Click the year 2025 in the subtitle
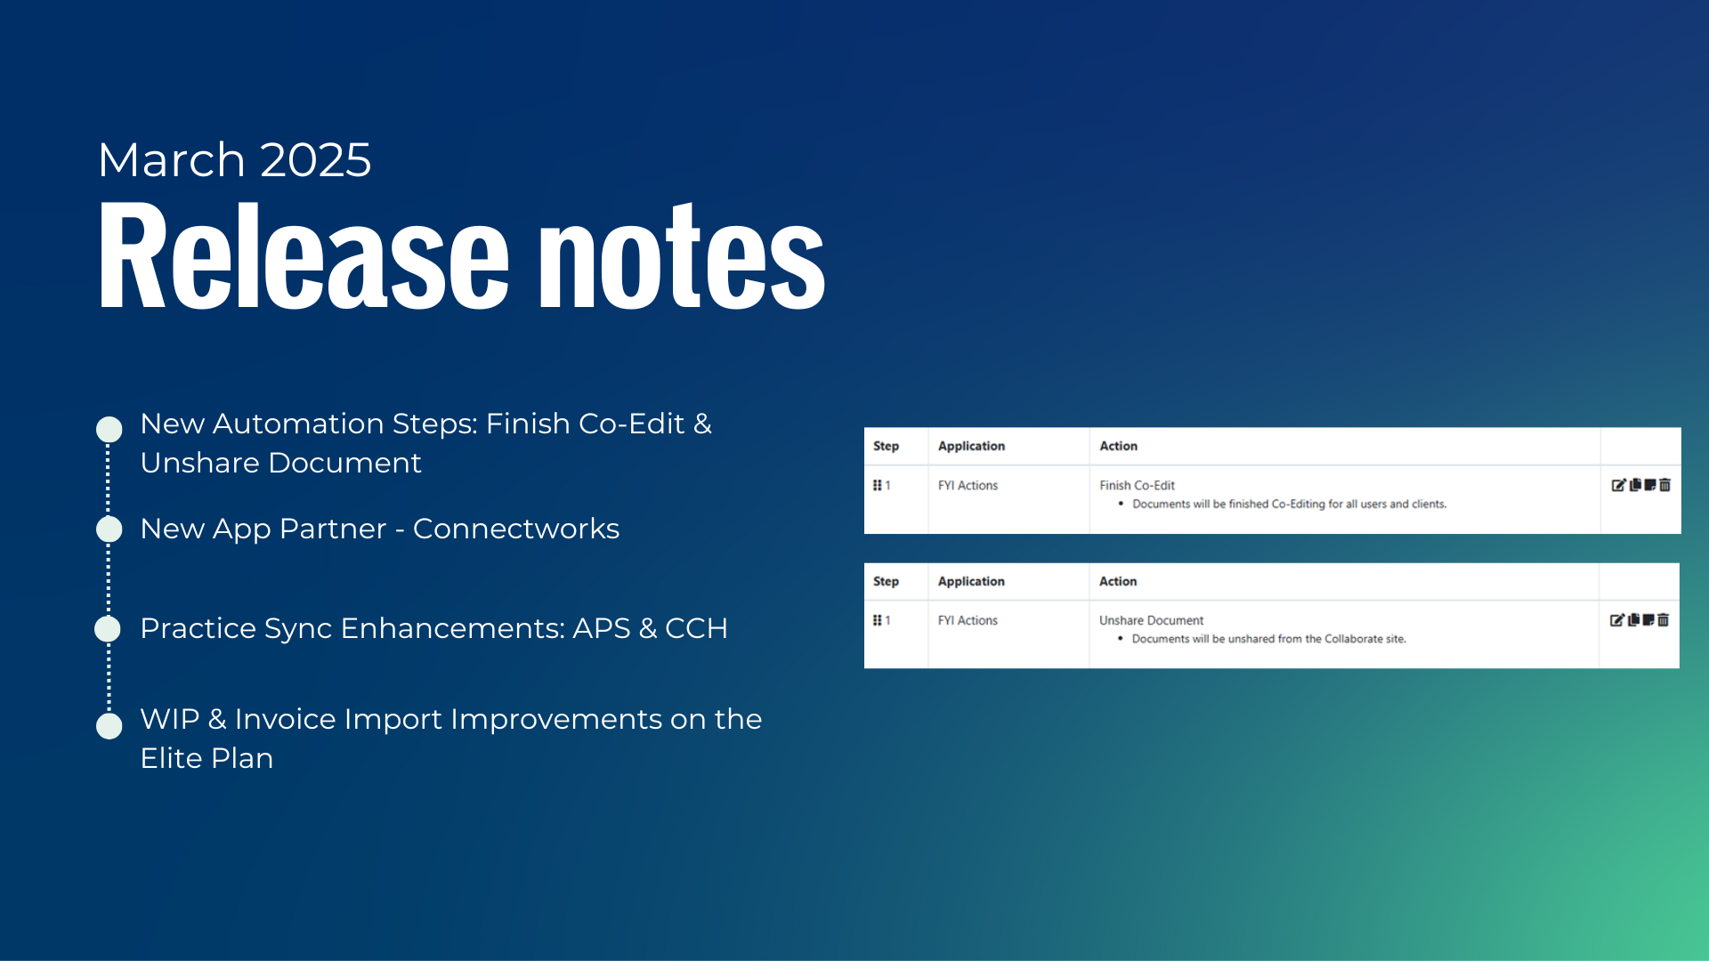coord(316,160)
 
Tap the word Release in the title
coord(304,256)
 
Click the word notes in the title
coord(683,256)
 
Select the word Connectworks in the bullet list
coord(516,529)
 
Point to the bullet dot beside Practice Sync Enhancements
coord(109,629)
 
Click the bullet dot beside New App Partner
coord(109,529)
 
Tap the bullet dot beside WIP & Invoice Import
coord(109,726)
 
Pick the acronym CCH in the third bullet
coord(696,628)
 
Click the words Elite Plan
coord(207,758)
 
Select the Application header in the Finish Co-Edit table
coord(971,446)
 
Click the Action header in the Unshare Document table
coord(1118,581)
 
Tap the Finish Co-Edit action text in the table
coord(1137,485)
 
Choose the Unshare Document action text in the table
coord(1151,620)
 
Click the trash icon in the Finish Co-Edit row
coord(1664,485)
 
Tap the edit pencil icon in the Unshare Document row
coord(1617,620)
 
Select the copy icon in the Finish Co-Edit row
coord(1635,485)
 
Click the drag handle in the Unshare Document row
coord(877,620)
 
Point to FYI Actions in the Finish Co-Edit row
coord(968,485)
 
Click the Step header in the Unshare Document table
coord(886,581)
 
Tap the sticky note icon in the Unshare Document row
coord(1648,620)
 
